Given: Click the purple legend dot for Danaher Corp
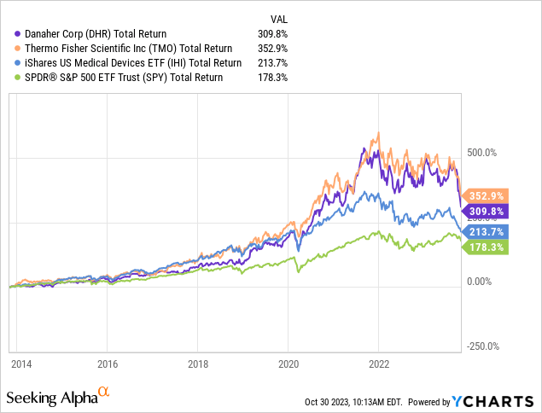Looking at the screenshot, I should [x=9, y=33].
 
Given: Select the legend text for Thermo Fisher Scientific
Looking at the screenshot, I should [x=128, y=48].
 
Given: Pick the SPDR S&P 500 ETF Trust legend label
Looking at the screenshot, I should [x=119, y=77].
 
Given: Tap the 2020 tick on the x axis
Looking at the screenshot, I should [x=288, y=363].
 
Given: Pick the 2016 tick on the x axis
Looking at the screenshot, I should [x=107, y=363].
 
